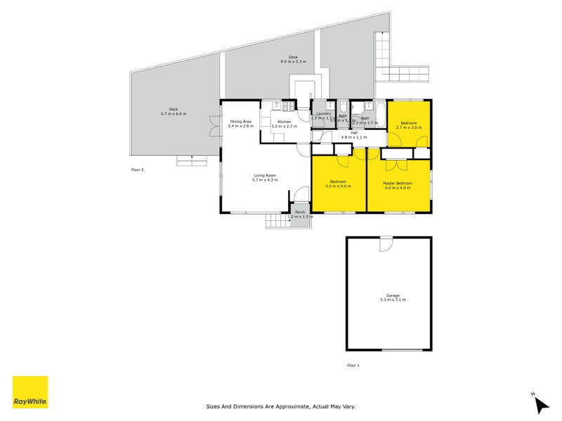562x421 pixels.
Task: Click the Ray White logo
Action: pyautogui.click(x=30, y=392)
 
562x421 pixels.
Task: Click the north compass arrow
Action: pyautogui.click(x=540, y=403)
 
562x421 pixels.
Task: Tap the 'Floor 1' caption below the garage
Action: pyautogui.click(x=353, y=366)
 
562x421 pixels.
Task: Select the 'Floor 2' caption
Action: pyautogui.click(x=137, y=169)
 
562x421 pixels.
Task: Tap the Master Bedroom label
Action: pyautogui.click(x=397, y=185)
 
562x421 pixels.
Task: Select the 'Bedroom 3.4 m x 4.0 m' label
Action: pyautogui.click(x=339, y=185)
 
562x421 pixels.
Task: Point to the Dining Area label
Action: pyautogui.click(x=240, y=123)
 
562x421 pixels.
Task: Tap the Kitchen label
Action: pyautogui.click(x=285, y=124)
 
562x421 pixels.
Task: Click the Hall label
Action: pyautogui.click(x=354, y=135)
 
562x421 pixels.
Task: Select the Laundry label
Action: pyautogui.click(x=324, y=116)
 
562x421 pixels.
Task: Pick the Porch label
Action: pyautogui.click(x=300, y=215)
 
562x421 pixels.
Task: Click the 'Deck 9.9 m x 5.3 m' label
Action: pyautogui.click(x=293, y=60)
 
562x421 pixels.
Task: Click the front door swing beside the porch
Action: pyautogui.click(x=301, y=194)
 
